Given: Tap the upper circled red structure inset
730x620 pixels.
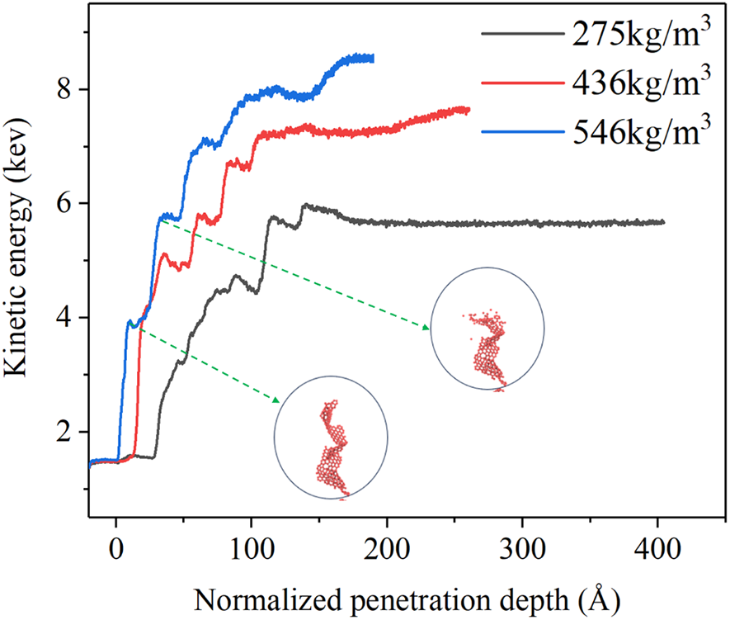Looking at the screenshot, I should tap(487, 328).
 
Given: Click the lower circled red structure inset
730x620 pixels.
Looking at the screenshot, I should tap(331, 435).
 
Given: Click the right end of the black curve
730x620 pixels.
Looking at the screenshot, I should tap(663, 222).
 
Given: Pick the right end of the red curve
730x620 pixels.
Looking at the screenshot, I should tap(469, 110).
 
